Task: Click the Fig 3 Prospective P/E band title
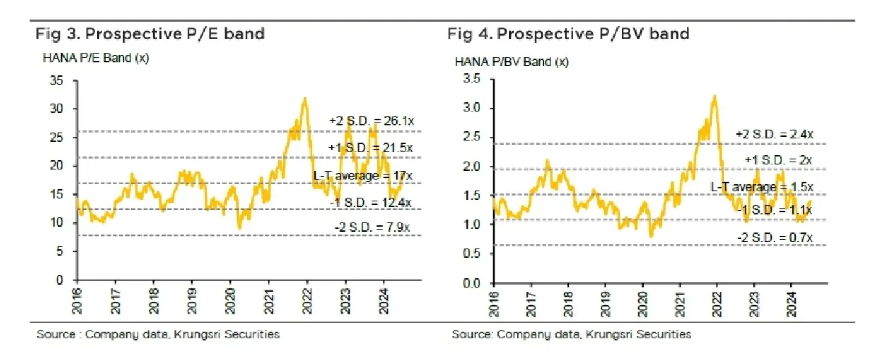[x=150, y=34]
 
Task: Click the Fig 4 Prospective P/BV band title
[x=568, y=34]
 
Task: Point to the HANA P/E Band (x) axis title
[x=96, y=58]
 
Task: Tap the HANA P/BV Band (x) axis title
[x=512, y=62]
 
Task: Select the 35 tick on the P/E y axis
[x=56, y=80]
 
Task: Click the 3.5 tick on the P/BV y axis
[x=471, y=78]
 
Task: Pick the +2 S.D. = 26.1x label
[x=371, y=121]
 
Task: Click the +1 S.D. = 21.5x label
[x=371, y=148]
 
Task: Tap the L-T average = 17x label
[x=363, y=176]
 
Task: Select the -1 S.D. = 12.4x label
[x=371, y=203]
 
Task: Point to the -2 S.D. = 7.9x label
[x=372, y=227]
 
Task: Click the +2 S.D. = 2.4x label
[x=774, y=135]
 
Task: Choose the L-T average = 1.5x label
[x=762, y=187]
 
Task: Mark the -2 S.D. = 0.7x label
[x=775, y=238]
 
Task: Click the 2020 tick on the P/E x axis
[x=230, y=301]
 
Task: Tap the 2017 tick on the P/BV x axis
[x=531, y=304]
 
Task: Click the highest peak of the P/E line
[x=306, y=98]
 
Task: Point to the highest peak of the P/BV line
[x=715, y=96]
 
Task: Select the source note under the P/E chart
[x=158, y=335]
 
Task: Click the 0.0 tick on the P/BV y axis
[x=471, y=283]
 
